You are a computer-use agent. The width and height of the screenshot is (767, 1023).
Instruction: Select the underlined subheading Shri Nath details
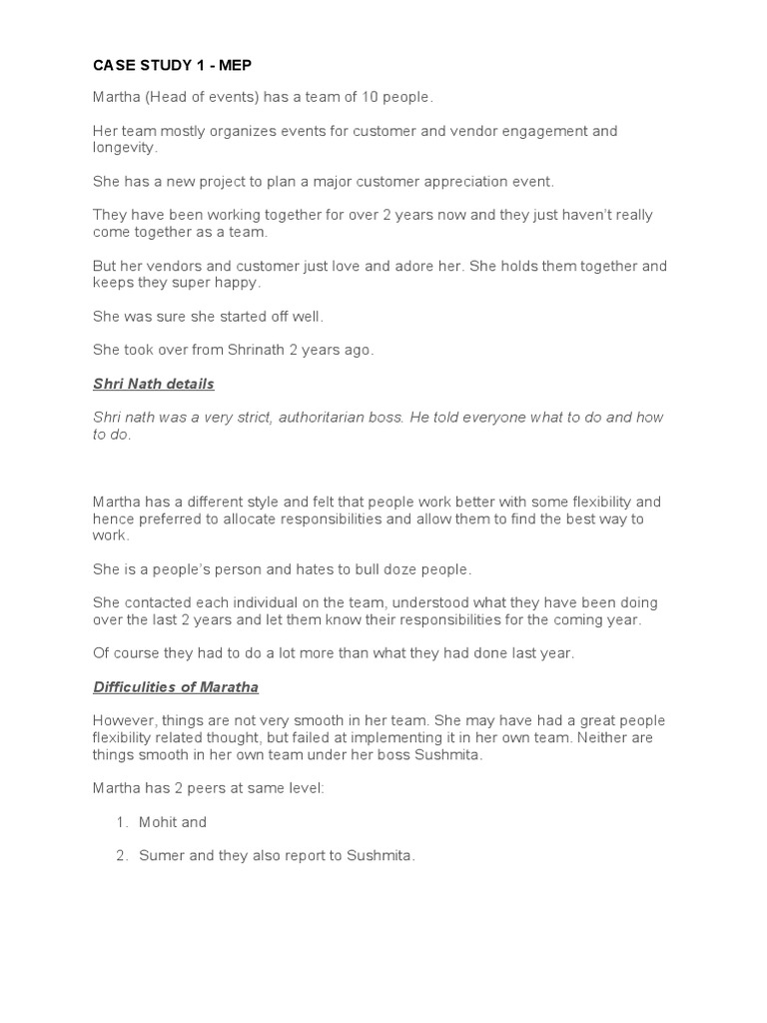153,384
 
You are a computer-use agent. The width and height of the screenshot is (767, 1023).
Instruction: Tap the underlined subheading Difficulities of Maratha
176,686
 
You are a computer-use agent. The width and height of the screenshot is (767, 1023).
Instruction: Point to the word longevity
124,148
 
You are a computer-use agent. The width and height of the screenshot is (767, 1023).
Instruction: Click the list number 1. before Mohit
122,822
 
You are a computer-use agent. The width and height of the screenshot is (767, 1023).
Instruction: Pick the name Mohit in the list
159,822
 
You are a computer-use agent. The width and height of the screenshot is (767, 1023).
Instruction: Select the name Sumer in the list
161,856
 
